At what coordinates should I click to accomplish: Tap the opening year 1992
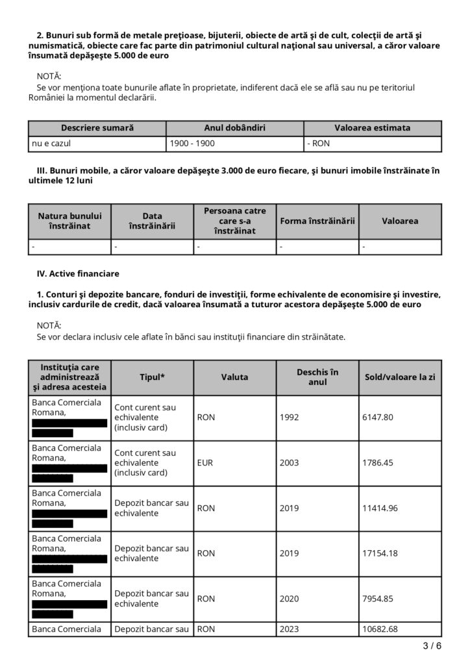pyautogui.click(x=290, y=417)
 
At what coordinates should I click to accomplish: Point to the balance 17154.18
pyautogui.click(x=380, y=553)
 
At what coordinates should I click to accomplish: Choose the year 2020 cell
pyautogui.click(x=290, y=598)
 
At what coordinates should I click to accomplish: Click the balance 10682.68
pyautogui.click(x=380, y=629)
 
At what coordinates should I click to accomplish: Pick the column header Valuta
pyautogui.click(x=234, y=377)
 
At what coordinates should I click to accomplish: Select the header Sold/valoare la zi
pyautogui.click(x=400, y=377)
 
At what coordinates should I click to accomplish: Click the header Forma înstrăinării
pyautogui.click(x=317, y=221)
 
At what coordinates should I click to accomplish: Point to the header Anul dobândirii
pyautogui.click(x=234, y=128)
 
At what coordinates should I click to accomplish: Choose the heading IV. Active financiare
pyautogui.click(x=78, y=273)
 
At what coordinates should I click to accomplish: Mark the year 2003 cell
pyautogui.click(x=290, y=464)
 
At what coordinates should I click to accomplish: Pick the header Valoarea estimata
pyautogui.click(x=372, y=128)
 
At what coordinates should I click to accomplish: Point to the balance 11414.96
pyautogui.click(x=380, y=508)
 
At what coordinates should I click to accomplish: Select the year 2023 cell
pyautogui.click(x=290, y=629)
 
